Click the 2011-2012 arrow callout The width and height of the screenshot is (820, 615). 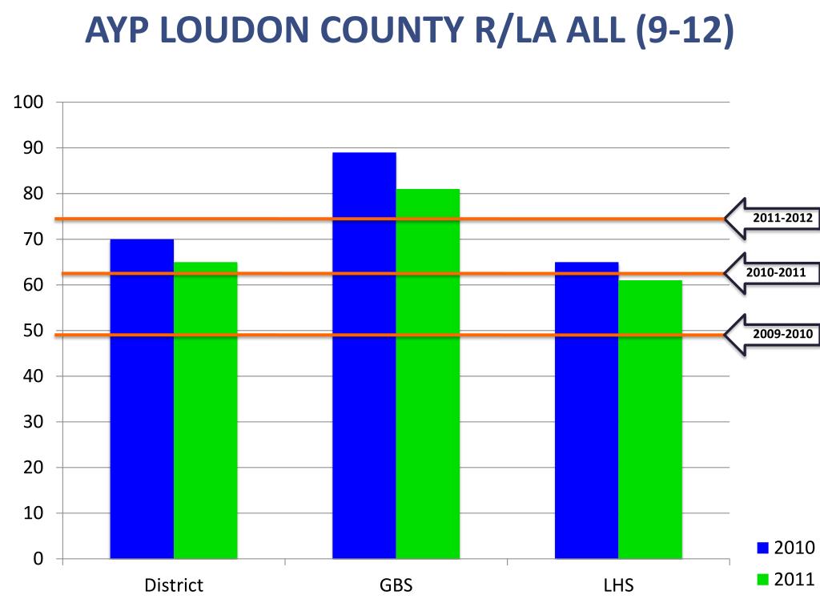(x=774, y=218)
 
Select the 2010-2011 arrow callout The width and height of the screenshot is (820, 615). (x=774, y=273)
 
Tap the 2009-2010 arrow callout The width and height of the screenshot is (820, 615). (x=774, y=334)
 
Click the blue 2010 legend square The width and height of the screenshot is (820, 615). (x=762, y=549)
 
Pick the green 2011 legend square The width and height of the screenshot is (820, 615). (x=762, y=579)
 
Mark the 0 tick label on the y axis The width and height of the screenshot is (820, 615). (x=37, y=559)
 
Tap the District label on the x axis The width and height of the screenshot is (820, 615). (x=174, y=585)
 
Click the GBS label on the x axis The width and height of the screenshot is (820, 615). (x=396, y=585)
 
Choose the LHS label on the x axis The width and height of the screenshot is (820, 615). (x=618, y=585)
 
